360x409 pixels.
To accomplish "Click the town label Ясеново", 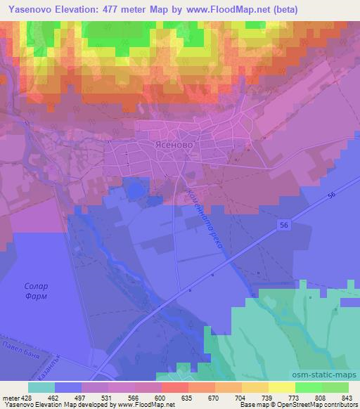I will pos(172,143).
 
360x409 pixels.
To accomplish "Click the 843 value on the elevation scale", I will pos(349,397).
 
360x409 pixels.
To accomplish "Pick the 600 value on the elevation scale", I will pos(162,397).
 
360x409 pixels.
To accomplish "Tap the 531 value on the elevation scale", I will pos(109,397).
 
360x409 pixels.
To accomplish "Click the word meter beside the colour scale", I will pos(11,397).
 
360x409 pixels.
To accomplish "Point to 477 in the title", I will pos(115,9).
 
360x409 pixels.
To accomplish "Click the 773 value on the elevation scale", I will pos(295,397).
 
